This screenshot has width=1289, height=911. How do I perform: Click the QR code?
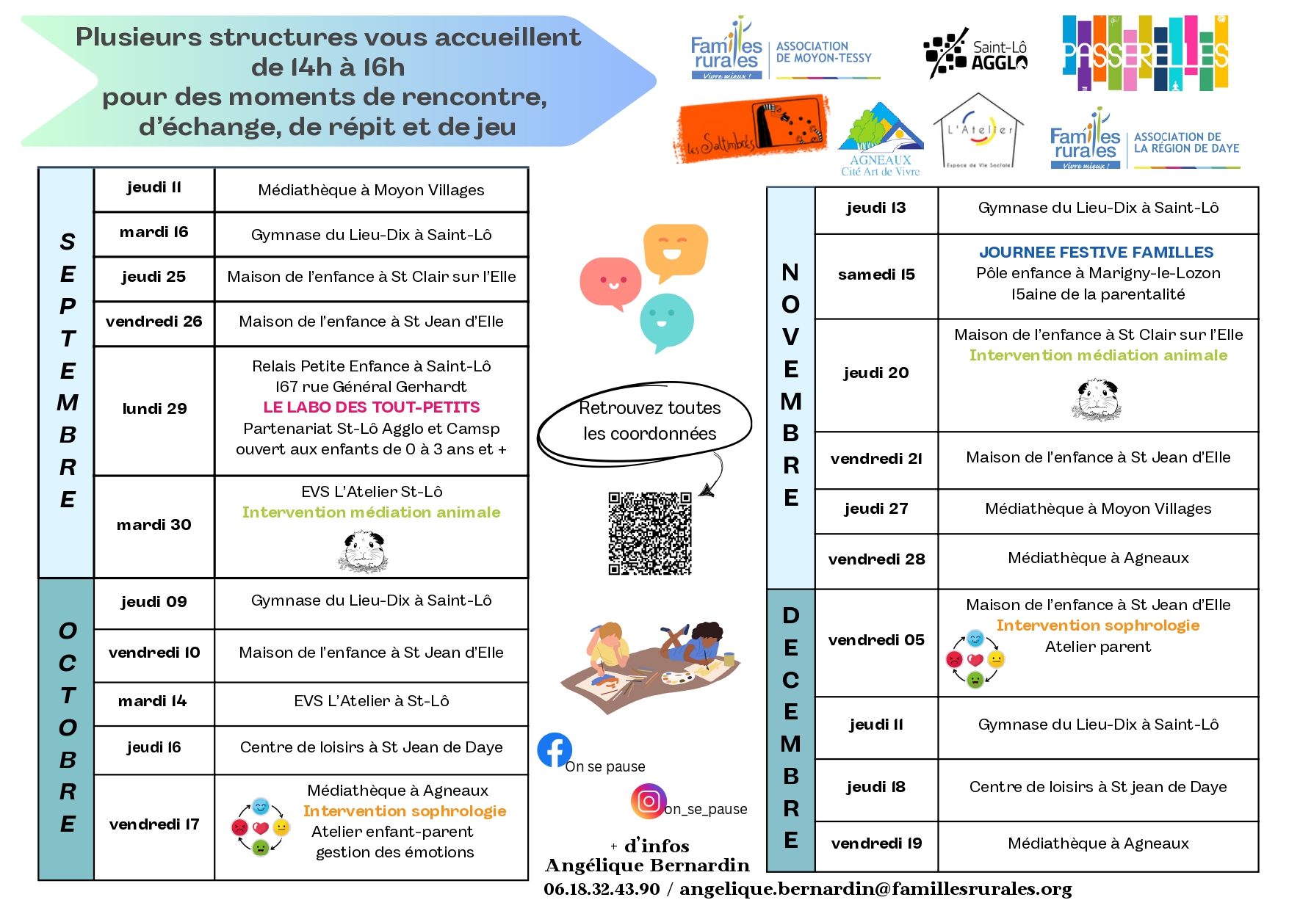[x=650, y=533]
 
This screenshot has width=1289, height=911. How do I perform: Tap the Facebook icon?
[x=555, y=750]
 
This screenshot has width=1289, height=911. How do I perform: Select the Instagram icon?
[x=649, y=801]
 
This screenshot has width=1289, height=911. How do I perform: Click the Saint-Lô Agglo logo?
[x=975, y=54]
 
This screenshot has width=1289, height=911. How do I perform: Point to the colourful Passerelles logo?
[x=1145, y=53]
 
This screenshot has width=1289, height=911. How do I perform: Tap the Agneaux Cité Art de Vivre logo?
[x=881, y=139]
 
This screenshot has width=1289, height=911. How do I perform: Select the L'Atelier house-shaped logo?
[x=978, y=132]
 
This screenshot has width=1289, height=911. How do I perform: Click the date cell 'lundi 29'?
[x=154, y=409]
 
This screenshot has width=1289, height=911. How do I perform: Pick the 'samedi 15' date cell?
[x=876, y=275]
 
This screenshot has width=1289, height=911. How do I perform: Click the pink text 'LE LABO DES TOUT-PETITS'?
[x=372, y=407]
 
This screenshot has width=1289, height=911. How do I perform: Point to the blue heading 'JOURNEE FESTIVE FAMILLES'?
[x=1096, y=253]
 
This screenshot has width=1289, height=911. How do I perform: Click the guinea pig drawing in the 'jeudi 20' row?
[x=1097, y=399]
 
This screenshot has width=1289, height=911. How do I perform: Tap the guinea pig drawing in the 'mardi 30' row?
[x=364, y=551]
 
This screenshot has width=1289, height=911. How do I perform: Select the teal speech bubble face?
[x=666, y=320]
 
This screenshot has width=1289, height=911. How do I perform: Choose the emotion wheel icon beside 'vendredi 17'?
[x=261, y=827]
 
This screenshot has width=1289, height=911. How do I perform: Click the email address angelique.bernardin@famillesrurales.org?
[x=875, y=889]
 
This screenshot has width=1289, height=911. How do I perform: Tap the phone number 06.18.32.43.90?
[x=602, y=889]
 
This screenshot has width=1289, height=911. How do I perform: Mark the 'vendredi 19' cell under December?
[x=876, y=843]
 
